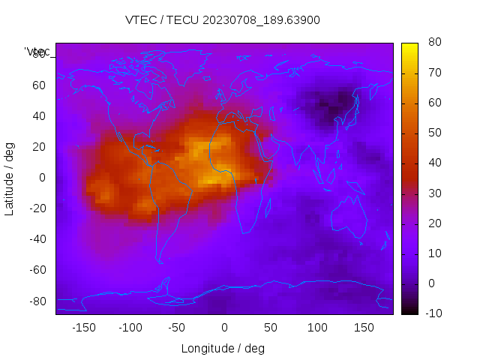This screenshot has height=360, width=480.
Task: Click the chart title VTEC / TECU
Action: tap(223, 20)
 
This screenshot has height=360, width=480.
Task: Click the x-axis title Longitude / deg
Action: tap(223, 348)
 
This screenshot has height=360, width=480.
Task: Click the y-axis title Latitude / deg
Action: tap(10, 178)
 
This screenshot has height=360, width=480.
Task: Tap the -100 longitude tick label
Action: tap(130, 328)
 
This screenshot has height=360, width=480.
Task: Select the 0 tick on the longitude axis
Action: tap(223, 328)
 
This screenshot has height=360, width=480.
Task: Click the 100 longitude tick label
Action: tap(317, 328)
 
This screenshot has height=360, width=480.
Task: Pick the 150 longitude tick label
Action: tap(364, 328)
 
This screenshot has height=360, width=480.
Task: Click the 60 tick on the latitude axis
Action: tap(39, 85)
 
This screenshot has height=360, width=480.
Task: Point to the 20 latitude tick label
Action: tap(39, 147)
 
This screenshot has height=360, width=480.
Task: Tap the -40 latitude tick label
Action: tap(37, 239)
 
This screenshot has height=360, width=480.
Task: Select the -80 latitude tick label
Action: tap(37, 301)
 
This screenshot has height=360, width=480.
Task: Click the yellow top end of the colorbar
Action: tap(409, 46)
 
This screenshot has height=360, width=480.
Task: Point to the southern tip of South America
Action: tap(160, 261)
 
